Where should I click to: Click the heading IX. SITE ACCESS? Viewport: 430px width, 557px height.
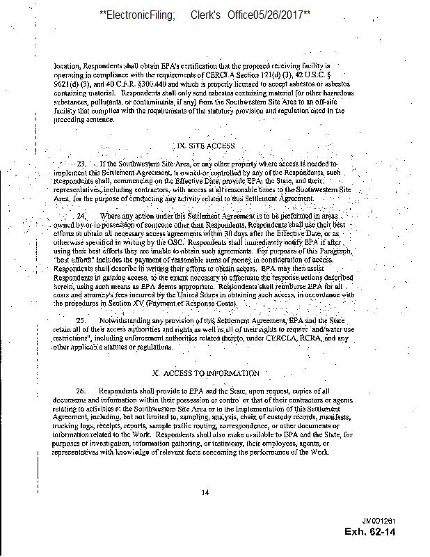click(207, 146)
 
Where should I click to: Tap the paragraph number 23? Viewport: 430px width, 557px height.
click(80, 164)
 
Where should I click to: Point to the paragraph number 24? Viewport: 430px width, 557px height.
click(81, 217)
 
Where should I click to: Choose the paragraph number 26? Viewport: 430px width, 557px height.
click(81, 391)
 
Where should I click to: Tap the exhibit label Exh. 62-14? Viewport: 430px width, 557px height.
click(370, 532)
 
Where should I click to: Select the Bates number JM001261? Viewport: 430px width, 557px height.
click(379, 521)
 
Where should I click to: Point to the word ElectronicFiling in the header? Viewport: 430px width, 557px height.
click(141, 14)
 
